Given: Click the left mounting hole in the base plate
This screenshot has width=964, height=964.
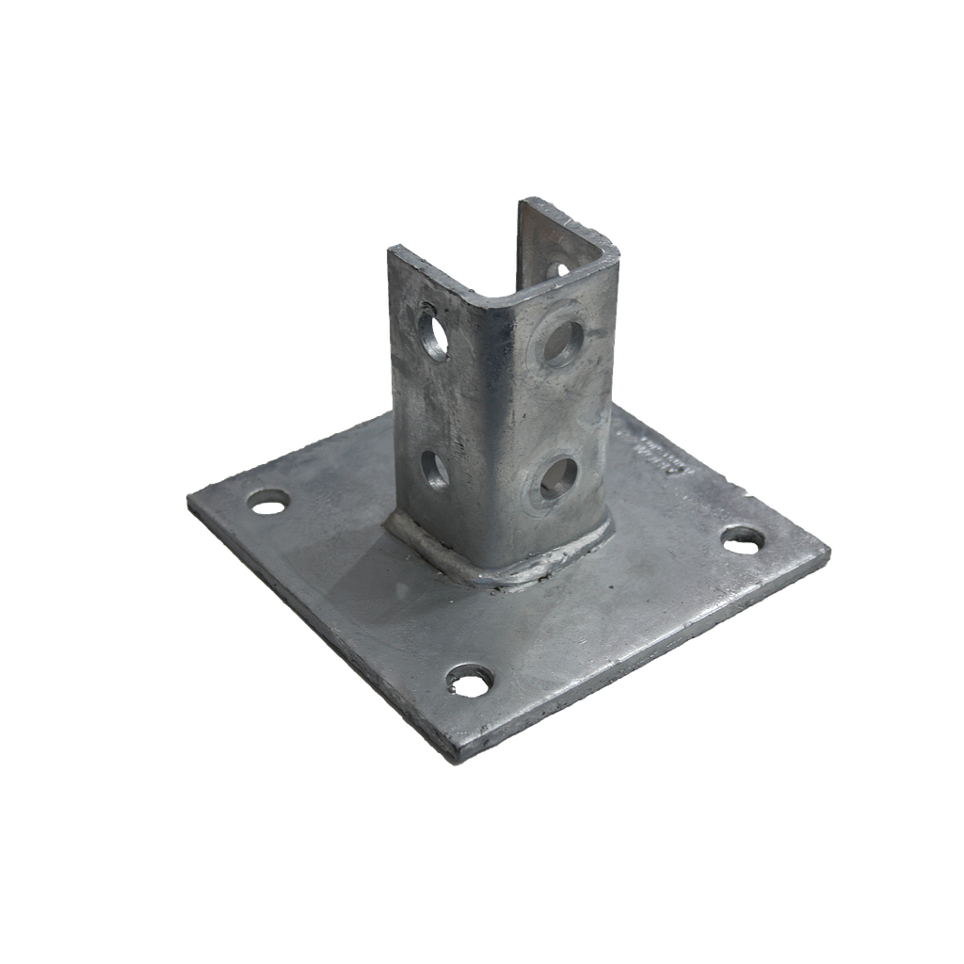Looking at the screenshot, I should pyautogui.click(x=268, y=505).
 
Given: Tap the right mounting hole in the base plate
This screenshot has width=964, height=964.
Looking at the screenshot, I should pyautogui.click(x=743, y=538).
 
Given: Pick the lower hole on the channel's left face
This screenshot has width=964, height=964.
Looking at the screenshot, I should pyautogui.click(x=435, y=470).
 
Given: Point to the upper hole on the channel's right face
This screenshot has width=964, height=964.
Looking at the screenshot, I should pyautogui.click(x=562, y=342).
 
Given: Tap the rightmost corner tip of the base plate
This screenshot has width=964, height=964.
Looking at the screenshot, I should pyautogui.click(x=830, y=550).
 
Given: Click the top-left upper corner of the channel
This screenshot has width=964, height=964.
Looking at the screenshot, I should pyautogui.click(x=391, y=247).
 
